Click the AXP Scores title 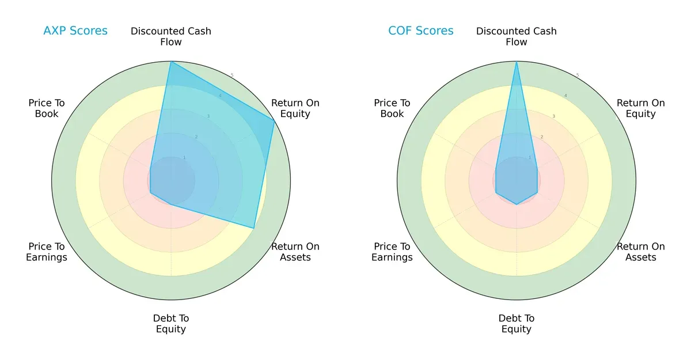point(75,31)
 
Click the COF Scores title point(421,31)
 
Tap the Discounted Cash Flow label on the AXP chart point(171,36)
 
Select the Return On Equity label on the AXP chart point(295,108)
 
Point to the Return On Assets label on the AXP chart point(295,252)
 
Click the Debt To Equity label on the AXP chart point(171,324)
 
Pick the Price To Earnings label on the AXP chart point(47,252)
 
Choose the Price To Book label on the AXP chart point(47,108)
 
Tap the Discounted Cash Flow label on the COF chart point(517,36)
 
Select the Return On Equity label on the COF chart point(641,108)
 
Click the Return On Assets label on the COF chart point(641,252)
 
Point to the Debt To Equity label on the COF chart point(517,324)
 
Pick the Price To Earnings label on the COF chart point(392,252)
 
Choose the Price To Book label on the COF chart point(392,108)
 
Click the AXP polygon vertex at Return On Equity point(274,120)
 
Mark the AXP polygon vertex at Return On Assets point(254,228)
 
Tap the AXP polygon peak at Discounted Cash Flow point(171,62)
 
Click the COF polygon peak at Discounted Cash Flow point(517,62)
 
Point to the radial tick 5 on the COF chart point(578,75)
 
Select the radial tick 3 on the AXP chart point(208,116)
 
